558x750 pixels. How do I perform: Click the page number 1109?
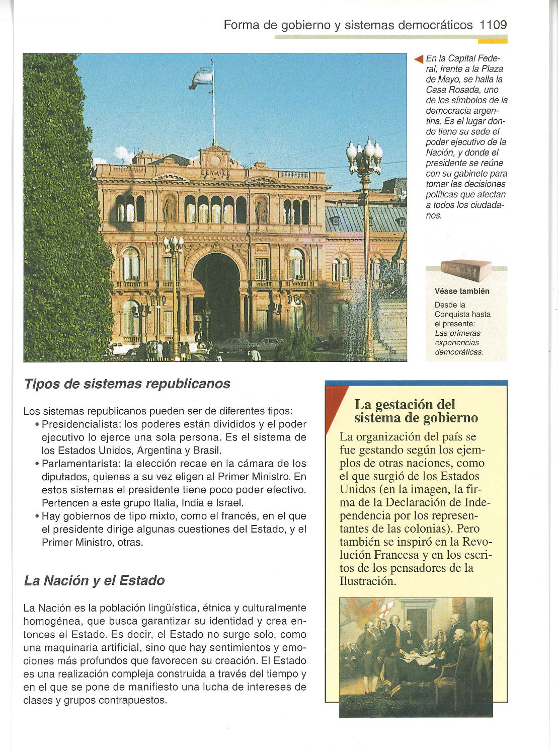tap(493, 25)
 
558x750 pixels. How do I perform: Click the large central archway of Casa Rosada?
tap(217, 297)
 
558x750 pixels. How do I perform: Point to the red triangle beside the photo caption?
tap(418, 59)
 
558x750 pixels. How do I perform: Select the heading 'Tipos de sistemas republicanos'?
tap(127, 384)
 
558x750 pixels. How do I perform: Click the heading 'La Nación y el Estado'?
tap(94, 580)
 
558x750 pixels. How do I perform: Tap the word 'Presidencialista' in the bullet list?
tap(80, 424)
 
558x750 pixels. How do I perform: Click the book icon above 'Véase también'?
tap(465, 270)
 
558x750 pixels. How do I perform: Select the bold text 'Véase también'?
tap(462, 291)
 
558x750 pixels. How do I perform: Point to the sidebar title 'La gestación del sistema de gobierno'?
tap(416, 411)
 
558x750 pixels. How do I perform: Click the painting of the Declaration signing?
tap(416, 657)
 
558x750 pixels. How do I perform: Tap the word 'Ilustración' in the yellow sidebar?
tap(367, 581)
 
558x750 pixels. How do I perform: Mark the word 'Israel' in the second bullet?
tap(229, 503)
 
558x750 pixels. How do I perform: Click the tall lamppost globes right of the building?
tap(364, 151)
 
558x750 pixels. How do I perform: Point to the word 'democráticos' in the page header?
tap(435, 25)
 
